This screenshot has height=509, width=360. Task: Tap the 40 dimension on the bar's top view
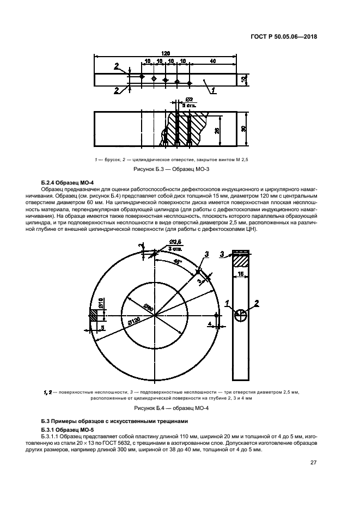pos(212,61)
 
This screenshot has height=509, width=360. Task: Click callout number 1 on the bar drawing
pos(213,89)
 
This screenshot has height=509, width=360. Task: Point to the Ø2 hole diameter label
pos(190,100)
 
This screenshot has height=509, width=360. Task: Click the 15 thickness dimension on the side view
pos(241,275)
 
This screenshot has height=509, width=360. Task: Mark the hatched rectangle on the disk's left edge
pos(93,315)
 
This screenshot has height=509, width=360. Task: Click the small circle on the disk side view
pos(241,315)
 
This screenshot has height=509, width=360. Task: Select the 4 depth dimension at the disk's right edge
pos(209,324)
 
